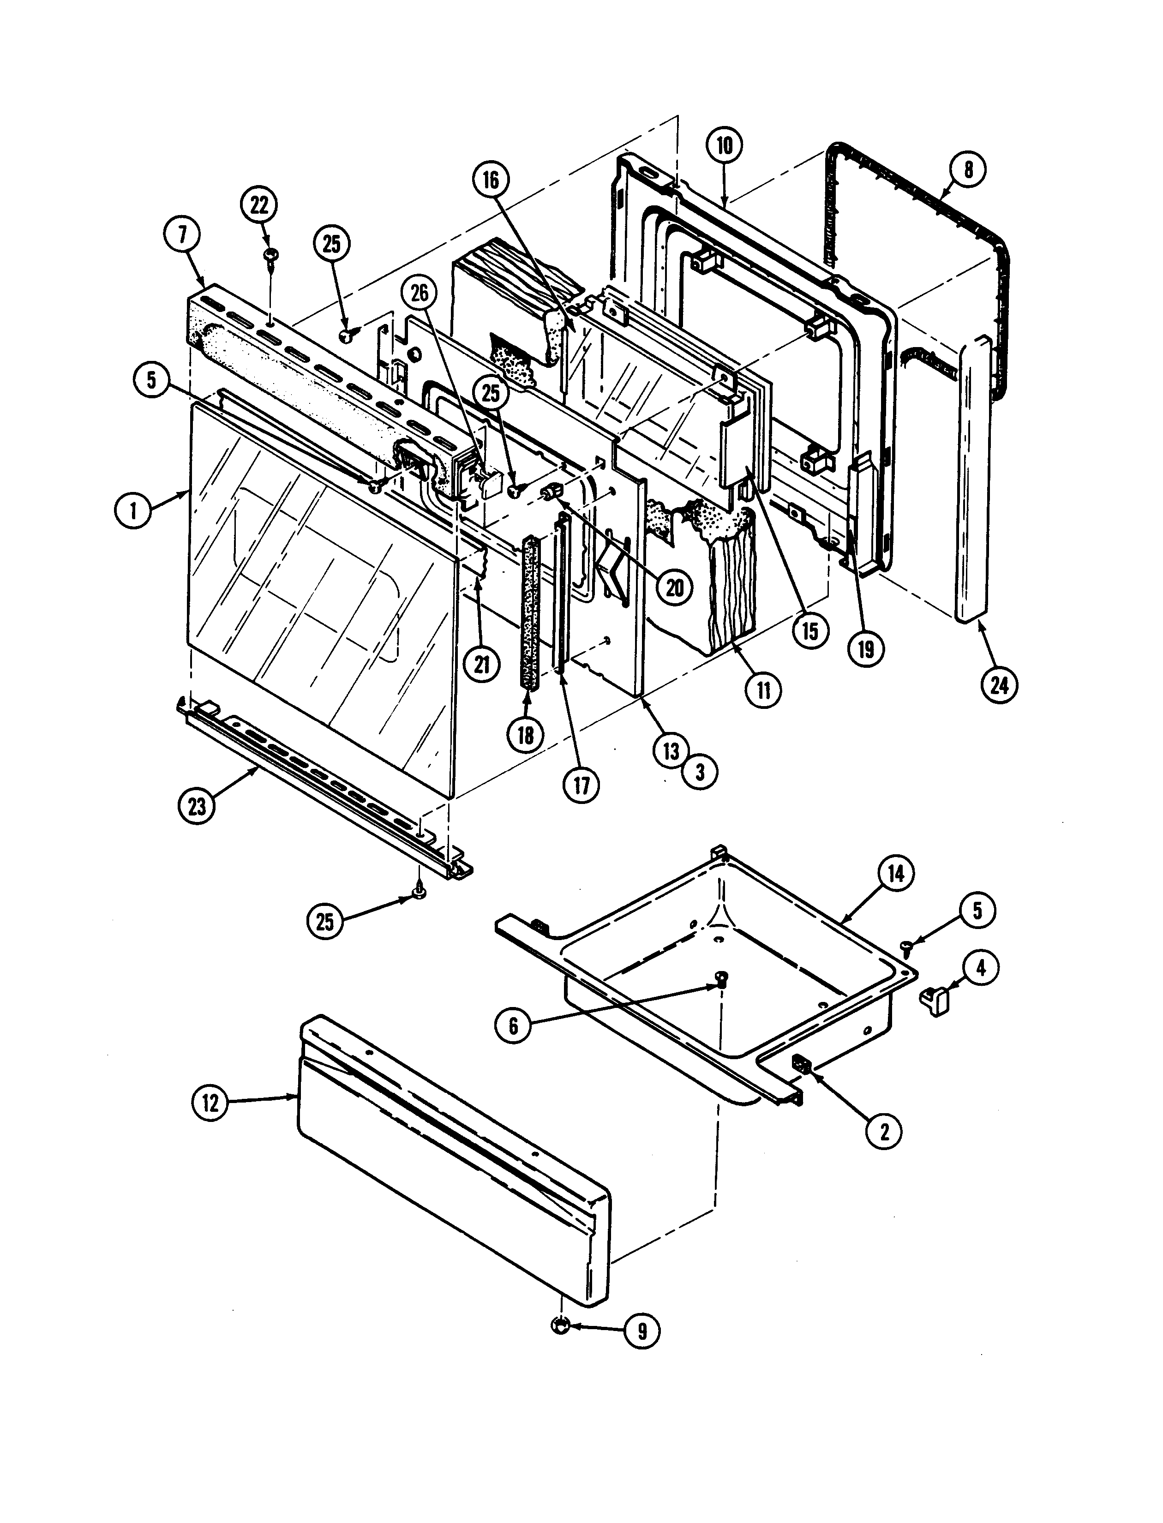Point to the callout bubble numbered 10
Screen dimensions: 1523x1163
724,145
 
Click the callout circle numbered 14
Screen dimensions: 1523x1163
896,874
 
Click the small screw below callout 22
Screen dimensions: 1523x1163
270,257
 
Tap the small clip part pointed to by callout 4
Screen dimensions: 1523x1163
935,1001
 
